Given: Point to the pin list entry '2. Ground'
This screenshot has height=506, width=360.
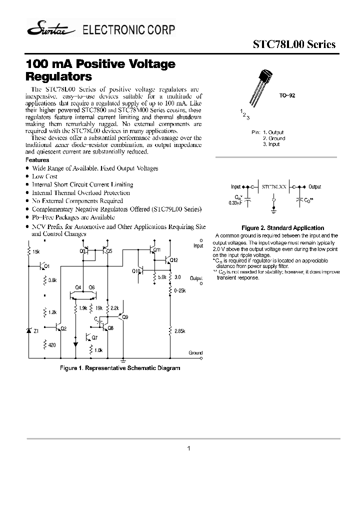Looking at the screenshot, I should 273,138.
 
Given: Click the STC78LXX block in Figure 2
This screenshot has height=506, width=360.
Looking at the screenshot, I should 274,186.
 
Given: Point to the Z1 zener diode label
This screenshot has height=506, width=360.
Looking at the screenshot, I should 36,330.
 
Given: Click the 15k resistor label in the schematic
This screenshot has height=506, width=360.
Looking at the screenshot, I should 36,251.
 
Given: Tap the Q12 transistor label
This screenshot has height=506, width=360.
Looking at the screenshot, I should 173,260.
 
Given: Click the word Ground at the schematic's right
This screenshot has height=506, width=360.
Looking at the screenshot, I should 195,353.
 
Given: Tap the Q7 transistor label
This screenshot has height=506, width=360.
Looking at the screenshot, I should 94,338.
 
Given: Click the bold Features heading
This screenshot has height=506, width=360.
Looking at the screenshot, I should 37,160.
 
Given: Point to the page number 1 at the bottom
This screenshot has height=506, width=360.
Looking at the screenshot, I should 188,448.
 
